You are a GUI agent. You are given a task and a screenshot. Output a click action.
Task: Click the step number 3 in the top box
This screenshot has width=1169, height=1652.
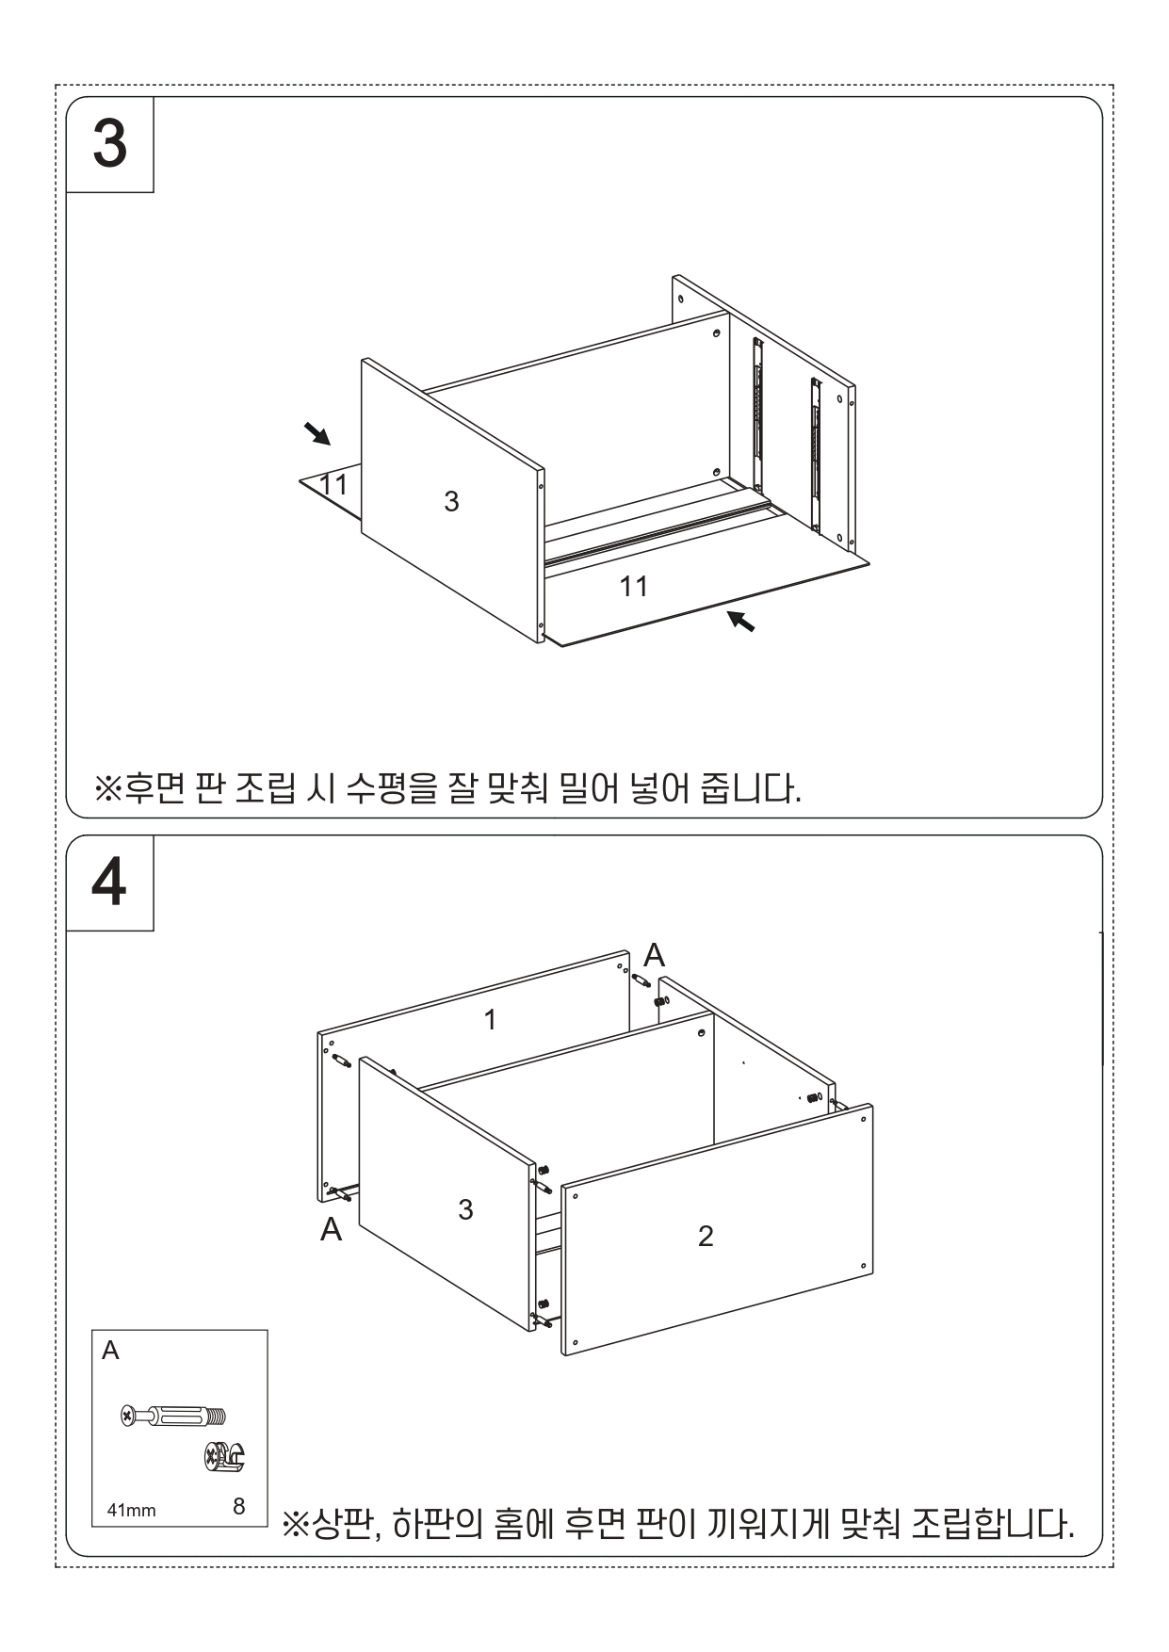[110, 144]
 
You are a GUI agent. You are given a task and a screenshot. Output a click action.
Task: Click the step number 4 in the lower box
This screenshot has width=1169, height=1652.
[110, 883]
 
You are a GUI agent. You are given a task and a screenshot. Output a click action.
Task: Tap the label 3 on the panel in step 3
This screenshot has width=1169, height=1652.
[451, 501]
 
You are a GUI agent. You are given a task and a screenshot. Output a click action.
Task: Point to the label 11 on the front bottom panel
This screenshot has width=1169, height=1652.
[634, 586]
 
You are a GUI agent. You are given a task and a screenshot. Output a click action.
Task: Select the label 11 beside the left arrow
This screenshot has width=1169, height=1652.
[333, 484]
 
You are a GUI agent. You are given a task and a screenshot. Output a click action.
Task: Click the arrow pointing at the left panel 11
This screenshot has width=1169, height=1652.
[317, 433]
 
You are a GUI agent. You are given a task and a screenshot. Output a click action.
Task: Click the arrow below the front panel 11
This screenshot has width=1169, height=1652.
[741, 621]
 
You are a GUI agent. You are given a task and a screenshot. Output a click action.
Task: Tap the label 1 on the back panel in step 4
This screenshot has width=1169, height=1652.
[490, 1019]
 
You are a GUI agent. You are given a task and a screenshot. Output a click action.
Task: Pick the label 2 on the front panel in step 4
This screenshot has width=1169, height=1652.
[706, 1236]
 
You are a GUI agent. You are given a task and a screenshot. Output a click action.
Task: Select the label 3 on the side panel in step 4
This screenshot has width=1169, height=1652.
[465, 1209]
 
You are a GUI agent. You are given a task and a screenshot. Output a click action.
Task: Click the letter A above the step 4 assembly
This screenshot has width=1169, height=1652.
[654, 955]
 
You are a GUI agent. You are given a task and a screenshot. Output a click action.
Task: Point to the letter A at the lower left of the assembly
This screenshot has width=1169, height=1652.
[331, 1229]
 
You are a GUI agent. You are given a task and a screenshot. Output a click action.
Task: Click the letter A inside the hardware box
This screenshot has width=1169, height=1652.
[110, 1351]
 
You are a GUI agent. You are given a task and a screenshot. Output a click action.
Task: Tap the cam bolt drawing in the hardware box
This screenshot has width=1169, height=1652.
[174, 1415]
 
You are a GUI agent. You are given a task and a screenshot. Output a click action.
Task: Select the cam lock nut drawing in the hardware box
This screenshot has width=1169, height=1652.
[225, 1457]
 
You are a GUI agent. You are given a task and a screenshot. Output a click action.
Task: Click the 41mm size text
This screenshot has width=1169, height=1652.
[131, 1511]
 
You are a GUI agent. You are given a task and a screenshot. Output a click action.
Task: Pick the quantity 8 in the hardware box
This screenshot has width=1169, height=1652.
[238, 1506]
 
